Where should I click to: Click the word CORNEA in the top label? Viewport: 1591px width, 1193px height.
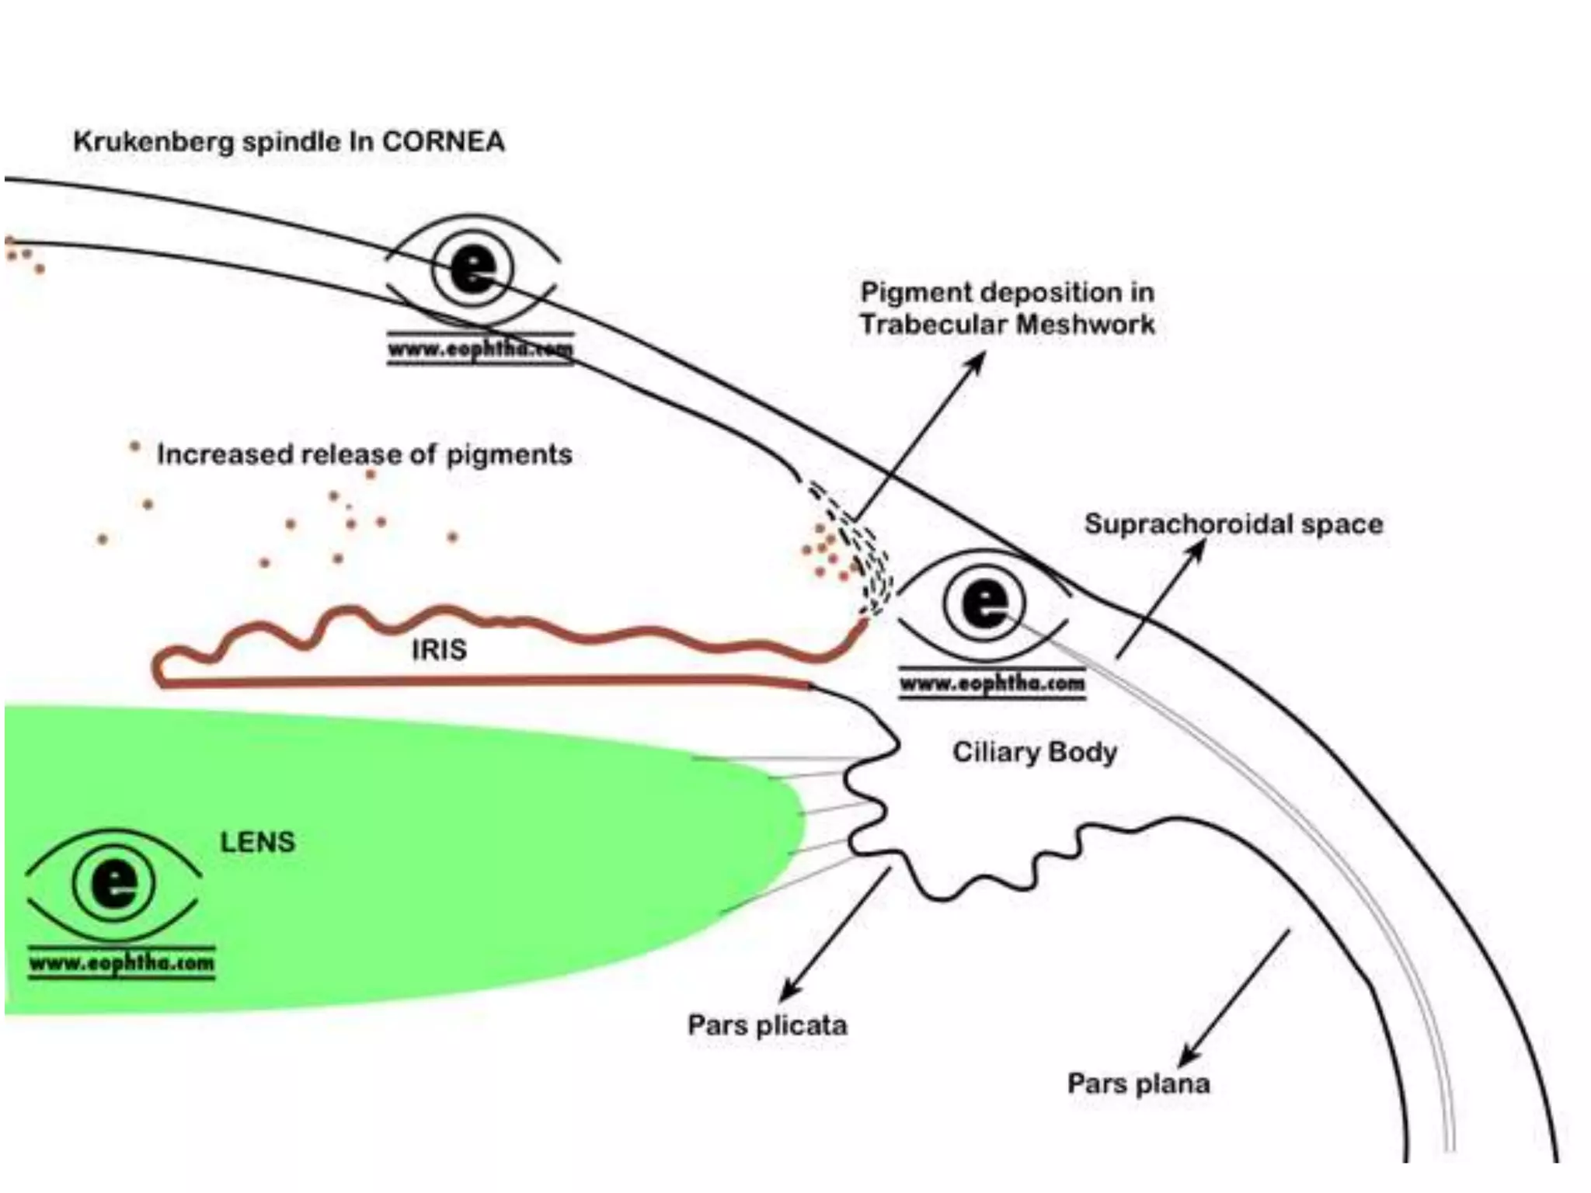pyautogui.click(x=444, y=142)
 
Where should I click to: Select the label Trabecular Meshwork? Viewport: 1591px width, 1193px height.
pyautogui.click(x=1008, y=324)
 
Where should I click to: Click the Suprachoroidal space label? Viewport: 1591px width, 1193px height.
pyautogui.click(x=1234, y=524)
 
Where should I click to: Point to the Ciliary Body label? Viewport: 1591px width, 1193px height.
pyautogui.click(x=1035, y=752)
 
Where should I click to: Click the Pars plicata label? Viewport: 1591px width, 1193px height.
pyautogui.click(x=768, y=1025)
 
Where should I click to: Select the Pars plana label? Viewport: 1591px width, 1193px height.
pyautogui.click(x=1139, y=1083)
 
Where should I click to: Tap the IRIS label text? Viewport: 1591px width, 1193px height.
pyautogui.click(x=439, y=649)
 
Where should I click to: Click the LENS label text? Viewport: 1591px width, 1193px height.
pyautogui.click(x=258, y=842)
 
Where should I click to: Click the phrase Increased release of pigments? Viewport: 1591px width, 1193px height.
pyautogui.click(x=364, y=454)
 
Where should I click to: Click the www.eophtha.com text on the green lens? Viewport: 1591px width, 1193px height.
pyautogui.click(x=122, y=964)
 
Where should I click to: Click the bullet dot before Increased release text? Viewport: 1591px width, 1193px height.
pyautogui.click(x=134, y=447)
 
